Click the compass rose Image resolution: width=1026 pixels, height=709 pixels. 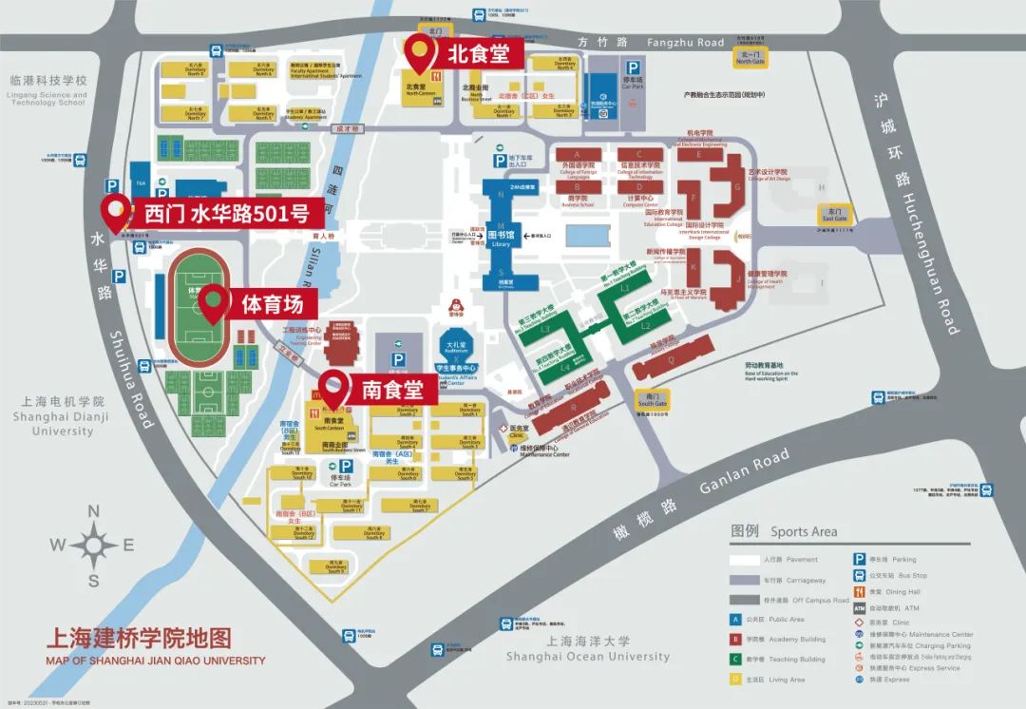click(93, 545)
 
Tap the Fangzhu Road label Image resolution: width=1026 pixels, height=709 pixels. click(685, 42)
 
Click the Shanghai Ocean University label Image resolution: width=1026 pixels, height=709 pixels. click(587, 656)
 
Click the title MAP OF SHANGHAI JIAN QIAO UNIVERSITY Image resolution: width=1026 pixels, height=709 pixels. click(155, 660)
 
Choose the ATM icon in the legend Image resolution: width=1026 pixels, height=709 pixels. click(859, 608)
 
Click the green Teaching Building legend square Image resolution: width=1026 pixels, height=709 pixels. click(735, 659)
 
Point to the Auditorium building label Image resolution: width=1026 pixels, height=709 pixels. click(453, 348)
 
